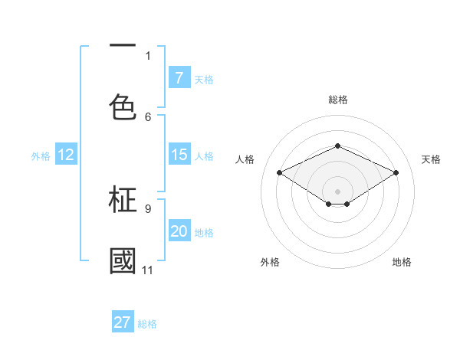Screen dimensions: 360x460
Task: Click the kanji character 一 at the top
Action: click(x=123, y=46)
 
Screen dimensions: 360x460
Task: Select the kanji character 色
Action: click(x=123, y=106)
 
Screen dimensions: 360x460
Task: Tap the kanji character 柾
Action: click(x=123, y=200)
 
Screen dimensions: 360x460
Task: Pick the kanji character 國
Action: click(x=123, y=261)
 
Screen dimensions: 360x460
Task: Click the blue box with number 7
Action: click(x=179, y=78)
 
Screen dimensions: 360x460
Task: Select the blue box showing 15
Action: click(x=179, y=155)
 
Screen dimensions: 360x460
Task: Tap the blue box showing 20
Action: click(x=179, y=231)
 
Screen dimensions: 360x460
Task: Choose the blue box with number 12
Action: click(x=66, y=155)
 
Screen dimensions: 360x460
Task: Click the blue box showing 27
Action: click(x=123, y=322)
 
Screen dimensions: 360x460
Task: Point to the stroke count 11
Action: click(x=147, y=270)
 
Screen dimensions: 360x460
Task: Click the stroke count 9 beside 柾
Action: click(x=148, y=208)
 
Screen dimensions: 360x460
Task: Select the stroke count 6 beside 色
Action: click(x=148, y=116)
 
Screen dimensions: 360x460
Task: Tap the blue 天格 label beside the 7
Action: click(x=204, y=79)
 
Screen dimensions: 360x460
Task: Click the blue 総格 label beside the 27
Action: click(x=147, y=323)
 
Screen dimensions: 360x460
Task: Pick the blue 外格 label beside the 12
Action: click(x=41, y=155)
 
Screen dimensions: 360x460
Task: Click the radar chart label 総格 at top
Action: click(x=337, y=100)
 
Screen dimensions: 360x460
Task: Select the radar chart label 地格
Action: click(x=402, y=262)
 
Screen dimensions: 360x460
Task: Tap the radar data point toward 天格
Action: click(x=396, y=173)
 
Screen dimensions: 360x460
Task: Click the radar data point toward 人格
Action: click(x=280, y=173)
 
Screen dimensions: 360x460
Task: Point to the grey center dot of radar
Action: click(x=337, y=191)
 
